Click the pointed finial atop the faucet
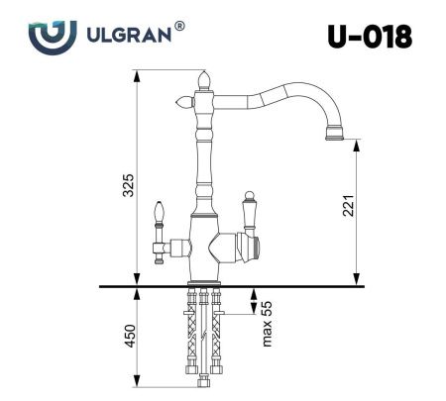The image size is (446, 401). [x=205, y=77]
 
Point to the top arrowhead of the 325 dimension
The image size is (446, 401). [x=136, y=74]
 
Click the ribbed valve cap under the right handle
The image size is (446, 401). [x=252, y=244]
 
